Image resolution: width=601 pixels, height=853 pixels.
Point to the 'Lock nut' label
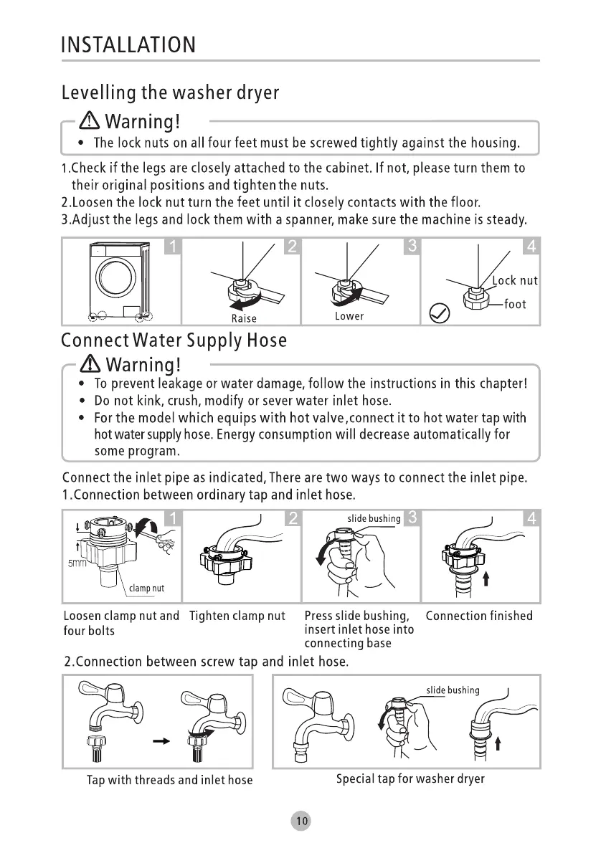515,280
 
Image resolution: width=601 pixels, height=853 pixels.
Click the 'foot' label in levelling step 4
515,304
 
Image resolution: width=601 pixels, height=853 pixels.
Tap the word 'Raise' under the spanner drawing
244,319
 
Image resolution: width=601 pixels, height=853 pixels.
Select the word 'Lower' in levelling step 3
349,316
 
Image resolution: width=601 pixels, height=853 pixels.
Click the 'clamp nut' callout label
146,588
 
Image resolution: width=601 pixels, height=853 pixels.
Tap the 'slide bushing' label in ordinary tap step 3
374,518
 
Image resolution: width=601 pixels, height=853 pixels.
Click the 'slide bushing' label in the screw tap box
453,690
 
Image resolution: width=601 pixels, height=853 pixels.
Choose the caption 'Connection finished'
479,616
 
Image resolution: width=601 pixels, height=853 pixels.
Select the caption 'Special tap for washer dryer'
410,778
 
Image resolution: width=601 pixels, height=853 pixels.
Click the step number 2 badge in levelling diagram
291,247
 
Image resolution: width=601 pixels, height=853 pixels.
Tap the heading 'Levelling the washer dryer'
170,92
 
